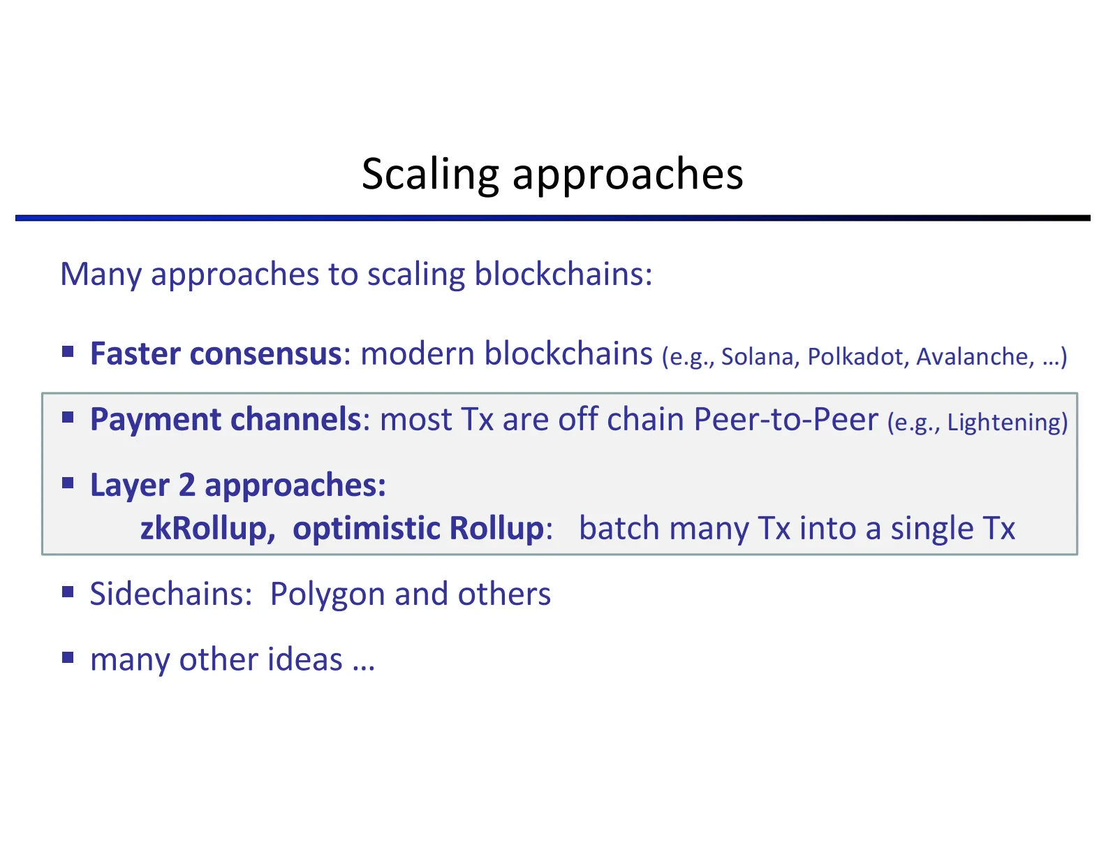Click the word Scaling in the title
(430, 174)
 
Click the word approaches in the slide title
(628, 174)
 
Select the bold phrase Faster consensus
(216, 353)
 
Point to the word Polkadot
(855, 357)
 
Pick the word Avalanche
(973, 357)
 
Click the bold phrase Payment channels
(226, 420)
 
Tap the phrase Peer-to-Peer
(786, 420)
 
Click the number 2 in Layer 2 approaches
(186, 485)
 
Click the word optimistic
(366, 529)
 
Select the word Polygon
(327, 595)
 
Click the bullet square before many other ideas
(68, 657)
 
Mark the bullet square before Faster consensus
(68, 351)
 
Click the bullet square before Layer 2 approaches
(68, 483)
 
